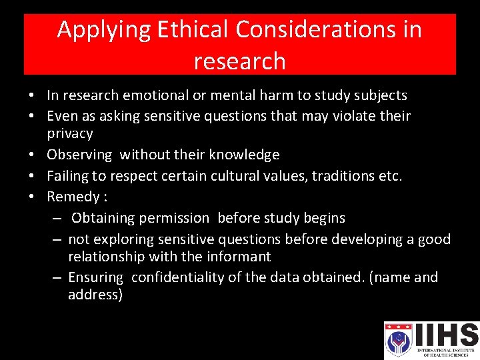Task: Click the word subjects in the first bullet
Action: (x=381, y=95)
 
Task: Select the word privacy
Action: (x=70, y=133)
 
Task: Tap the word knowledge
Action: (x=244, y=155)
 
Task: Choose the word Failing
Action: (x=67, y=176)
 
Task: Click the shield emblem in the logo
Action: (x=397, y=339)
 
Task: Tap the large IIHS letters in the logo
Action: (x=445, y=334)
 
